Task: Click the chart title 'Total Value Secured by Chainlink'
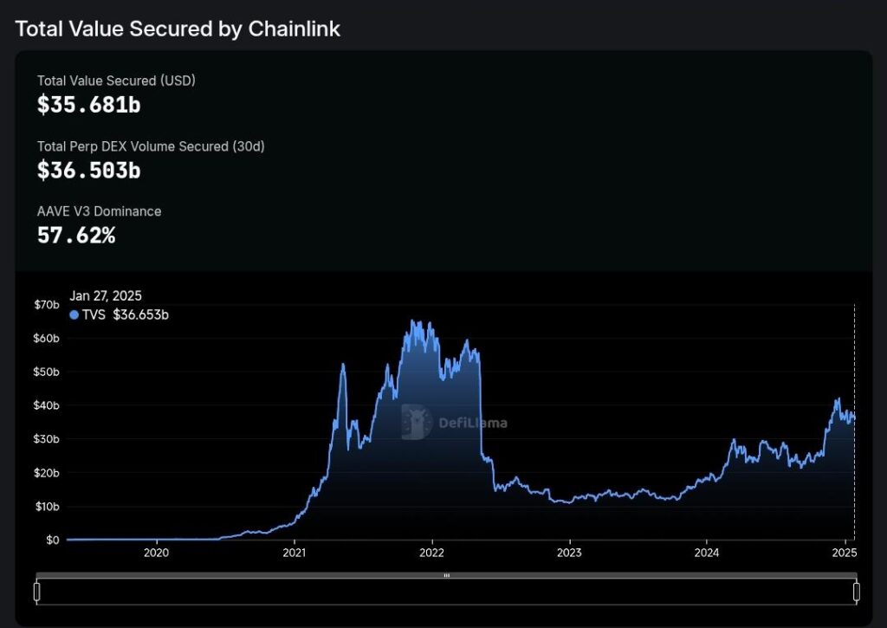pyautogui.click(x=178, y=29)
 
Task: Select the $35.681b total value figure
pyautogui.click(x=88, y=105)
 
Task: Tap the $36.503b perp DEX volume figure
pyautogui.click(x=88, y=171)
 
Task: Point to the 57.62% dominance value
pyautogui.click(x=76, y=235)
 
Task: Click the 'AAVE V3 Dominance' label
pyautogui.click(x=99, y=211)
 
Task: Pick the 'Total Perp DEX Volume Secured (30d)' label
pyautogui.click(x=151, y=146)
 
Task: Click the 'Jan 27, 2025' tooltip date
pyautogui.click(x=106, y=296)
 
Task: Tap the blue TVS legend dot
pyautogui.click(x=74, y=315)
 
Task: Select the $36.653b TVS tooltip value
pyautogui.click(x=140, y=315)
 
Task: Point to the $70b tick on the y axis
pyautogui.click(x=47, y=305)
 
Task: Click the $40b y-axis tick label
pyautogui.click(x=47, y=405)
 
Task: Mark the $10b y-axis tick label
pyautogui.click(x=47, y=507)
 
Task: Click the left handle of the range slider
pyautogui.click(x=36, y=592)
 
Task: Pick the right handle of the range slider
pyautogui.click(x=856, y=592)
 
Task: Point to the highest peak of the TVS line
pyautogui.click(x=413, y=320)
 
